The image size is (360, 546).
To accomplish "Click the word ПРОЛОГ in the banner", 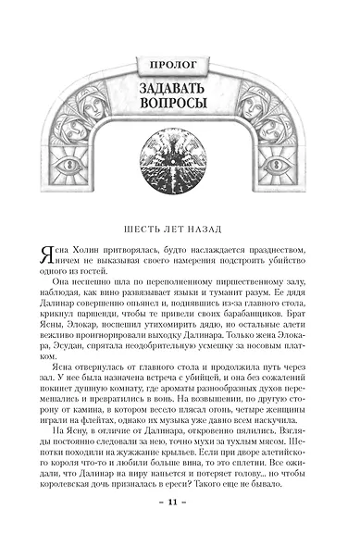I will coord(180,65).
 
